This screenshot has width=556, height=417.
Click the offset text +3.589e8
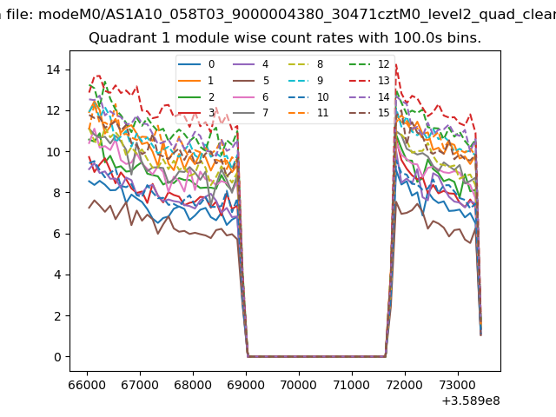coord(472,400)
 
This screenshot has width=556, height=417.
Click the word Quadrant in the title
coord(118,38)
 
